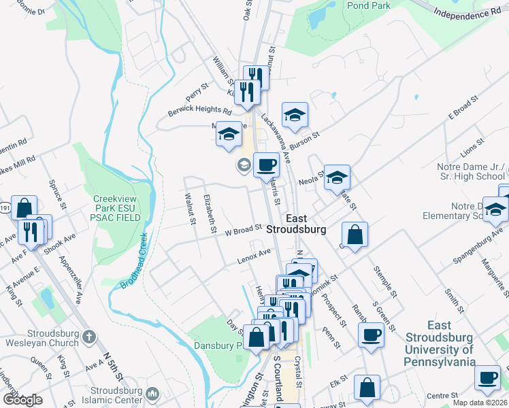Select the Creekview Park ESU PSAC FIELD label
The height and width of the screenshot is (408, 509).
pyautogui.click(x=117, y=209)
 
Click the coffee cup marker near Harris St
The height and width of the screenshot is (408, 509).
pyautogui.click(x=266, y=164)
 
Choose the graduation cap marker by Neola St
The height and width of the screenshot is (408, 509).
pyautogui.click(x=337, y=178)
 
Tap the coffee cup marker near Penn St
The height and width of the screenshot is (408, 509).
pyautogui.click(x=372, y=334)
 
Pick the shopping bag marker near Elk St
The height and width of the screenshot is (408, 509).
pyautogui.click(x=367, y=388)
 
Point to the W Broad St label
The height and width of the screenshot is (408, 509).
pyautogui.click(x=244, y=230)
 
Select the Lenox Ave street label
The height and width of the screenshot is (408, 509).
pyautogui.click(x=254, y=256)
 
